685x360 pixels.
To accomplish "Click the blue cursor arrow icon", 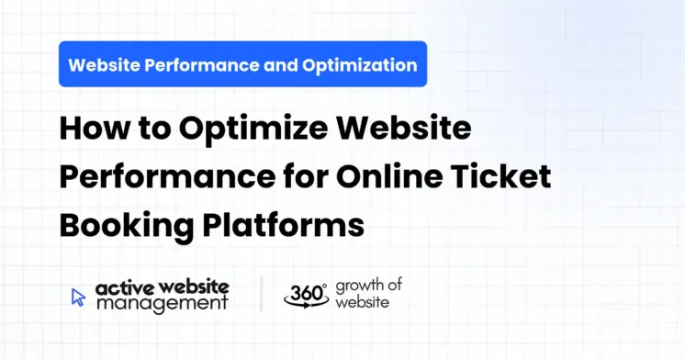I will [78, 297].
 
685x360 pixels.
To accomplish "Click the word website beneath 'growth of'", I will [362, 302].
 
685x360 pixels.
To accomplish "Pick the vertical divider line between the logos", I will [261, 295].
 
